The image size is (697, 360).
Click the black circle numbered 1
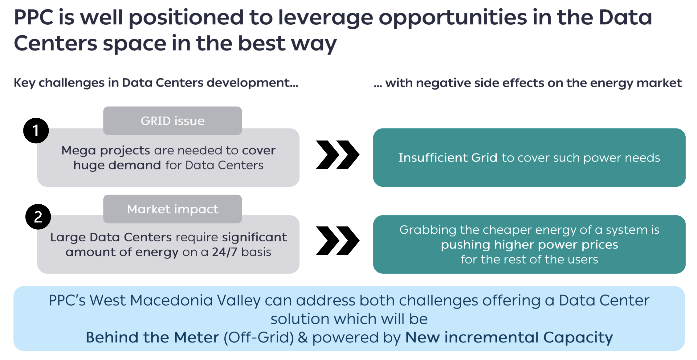pyautogui.click(x=36, y=130)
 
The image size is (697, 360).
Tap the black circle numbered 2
pyautogui.click(x=38, y=217)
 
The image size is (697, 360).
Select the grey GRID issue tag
pyautogui.click(x=173, y=121)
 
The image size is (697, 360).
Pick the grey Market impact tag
pyautogui.click(x=173, y=209)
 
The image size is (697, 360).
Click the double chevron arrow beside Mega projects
pyautogui.click(x=338, y=155)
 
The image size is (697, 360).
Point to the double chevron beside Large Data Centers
pyautogui.click(x=338, y=241)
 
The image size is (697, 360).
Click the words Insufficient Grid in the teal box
pyautogui.click(x=448, y=157)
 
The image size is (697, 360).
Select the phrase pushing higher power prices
pyautogui.click(x=529, y=245)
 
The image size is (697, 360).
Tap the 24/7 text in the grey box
pyautogui.click(x=225, y=252)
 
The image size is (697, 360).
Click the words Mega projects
pyautogui.click(x=106, y=150)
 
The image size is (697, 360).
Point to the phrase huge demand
pyautogui.click(x=117, y=165)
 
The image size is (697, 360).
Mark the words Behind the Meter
pyautogui.click(x=153, y=337)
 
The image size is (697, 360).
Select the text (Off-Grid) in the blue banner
pyautogui.click(x=259, y=337)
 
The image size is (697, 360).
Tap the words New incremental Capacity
pyautogui.click(x=509, y=338)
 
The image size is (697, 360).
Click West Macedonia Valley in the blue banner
pyautogui.click(x=175, y=301)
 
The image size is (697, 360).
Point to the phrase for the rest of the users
pyautogui.click(x=529, y=260)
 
